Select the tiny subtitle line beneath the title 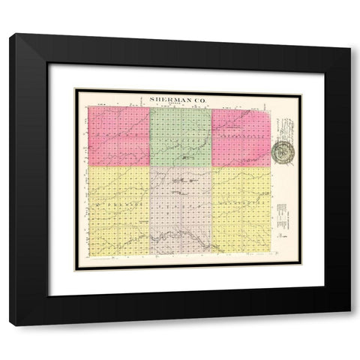coord(181,103)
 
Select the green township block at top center coord(180,136)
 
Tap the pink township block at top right coord(241,136)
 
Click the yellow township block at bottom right coord(241,209)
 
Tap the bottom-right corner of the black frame coord(349,323)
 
